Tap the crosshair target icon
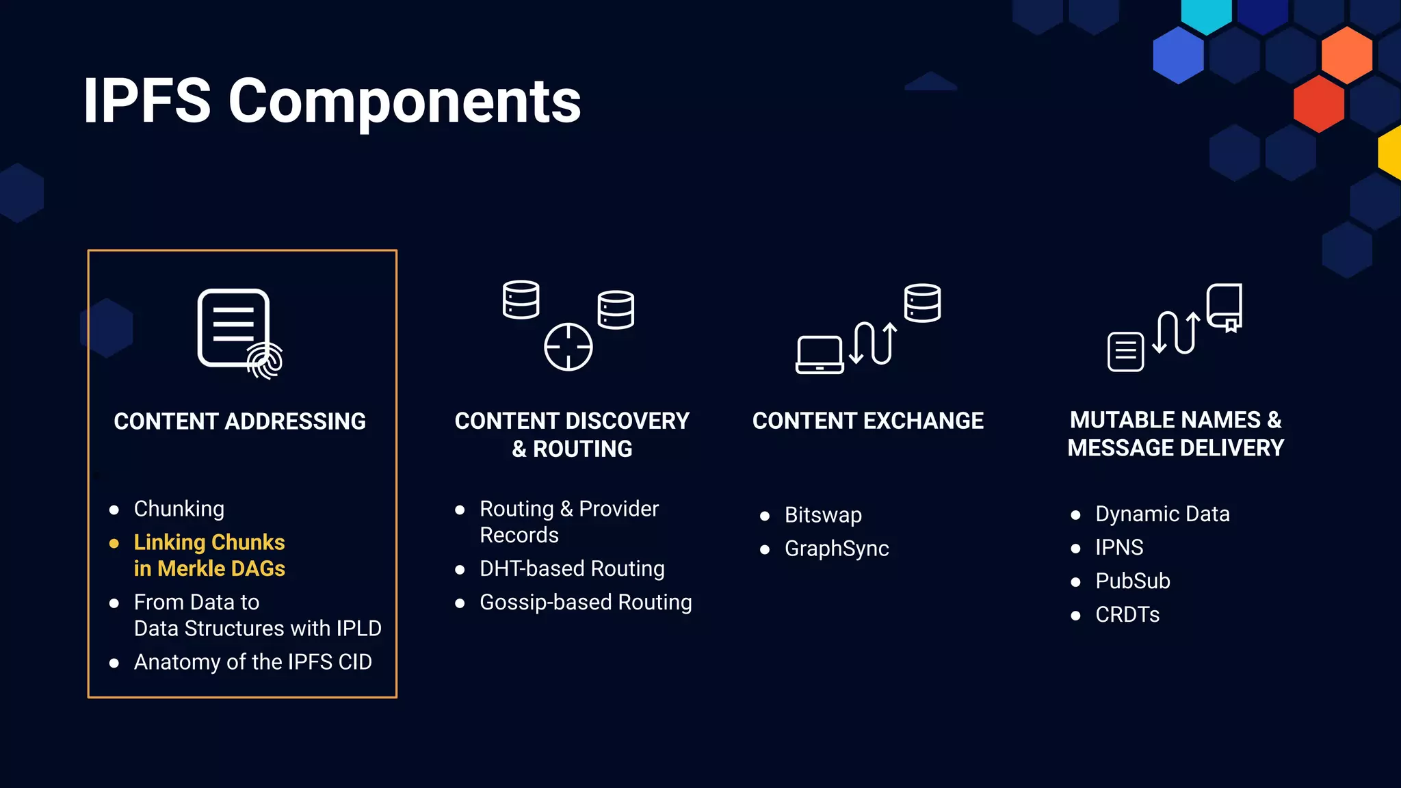click(568, 347)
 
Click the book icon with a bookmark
click(1225, 308)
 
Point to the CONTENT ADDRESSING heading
click(239, 421)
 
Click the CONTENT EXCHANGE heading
click(867, 421)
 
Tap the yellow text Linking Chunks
click(209, 542)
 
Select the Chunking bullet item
click(179, 509)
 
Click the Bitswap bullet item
click(822, 515)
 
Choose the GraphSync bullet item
click(836, 549)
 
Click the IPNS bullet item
click(1118, 547)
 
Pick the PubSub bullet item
click(1132, 581)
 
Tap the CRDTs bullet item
click(1127, 614)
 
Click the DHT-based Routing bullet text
click(572, 568)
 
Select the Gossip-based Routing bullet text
click(586, 602)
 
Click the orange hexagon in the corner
click(1346, 55)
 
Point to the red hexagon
click(1318, 104)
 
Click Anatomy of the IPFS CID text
click(252, 662)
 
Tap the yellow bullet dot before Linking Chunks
click(114, 544)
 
